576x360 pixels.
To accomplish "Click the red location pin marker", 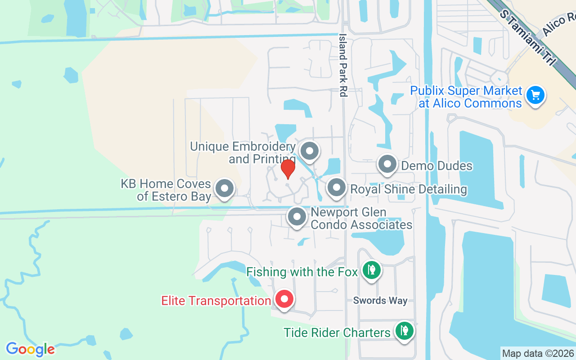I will [288, 169].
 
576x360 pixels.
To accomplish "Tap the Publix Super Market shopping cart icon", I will [535, 95].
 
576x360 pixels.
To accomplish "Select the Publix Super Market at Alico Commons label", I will [466, 97].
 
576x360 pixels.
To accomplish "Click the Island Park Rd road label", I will [343, 65].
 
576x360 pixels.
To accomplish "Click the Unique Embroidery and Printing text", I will [243, 153].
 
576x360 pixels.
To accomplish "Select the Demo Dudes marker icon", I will [387, 165].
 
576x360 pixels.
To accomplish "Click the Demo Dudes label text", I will [436, 166].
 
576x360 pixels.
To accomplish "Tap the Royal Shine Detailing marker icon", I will [336, 188].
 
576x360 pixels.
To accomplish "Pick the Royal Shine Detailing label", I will [408, 189].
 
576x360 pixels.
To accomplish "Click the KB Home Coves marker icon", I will [225, 189].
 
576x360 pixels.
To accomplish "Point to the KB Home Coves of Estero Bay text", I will [174, 190].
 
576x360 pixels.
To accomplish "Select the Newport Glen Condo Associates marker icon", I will [297, 217].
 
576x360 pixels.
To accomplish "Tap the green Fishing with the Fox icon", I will [371, 270].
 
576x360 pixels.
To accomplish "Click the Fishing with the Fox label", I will [302, 272].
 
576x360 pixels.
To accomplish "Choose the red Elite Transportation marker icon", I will [284, 299].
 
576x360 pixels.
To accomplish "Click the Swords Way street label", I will [380, 301].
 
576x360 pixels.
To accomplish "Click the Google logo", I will [30, 349].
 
